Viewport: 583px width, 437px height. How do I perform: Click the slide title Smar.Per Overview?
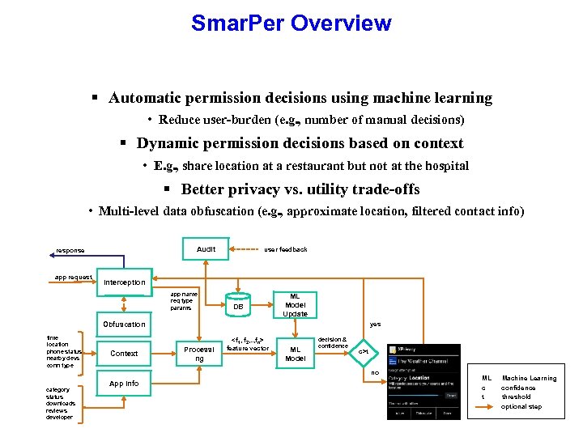[291, 23]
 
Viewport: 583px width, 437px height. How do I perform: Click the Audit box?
[206, 249]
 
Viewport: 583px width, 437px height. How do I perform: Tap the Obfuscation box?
[124, 324]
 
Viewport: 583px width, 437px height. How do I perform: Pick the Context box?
[124, 354]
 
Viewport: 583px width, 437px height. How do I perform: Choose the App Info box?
[124, 384]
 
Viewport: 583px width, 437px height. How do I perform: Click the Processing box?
[198, 354]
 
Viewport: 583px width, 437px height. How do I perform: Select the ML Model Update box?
[295, 305]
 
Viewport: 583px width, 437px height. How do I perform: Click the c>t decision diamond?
[364, 352]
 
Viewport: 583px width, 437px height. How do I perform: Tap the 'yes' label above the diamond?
[375, 325]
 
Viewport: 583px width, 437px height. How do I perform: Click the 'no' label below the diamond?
[375, 373]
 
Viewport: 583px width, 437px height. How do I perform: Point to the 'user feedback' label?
[286, 249]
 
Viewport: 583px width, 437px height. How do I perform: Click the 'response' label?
[70, 250]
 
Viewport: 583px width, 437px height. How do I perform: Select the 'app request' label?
[73, 277]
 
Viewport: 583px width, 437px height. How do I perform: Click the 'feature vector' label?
[247, 348]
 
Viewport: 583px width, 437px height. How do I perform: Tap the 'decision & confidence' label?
[333, 342]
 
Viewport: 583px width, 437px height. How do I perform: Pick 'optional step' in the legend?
[521, 406]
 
